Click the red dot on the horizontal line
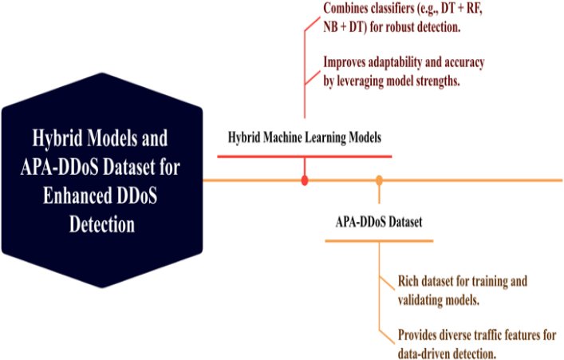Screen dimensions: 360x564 coord(305,181)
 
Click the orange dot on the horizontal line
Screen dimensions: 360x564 coord(379,181)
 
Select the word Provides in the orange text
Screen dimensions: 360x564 coord(423,334)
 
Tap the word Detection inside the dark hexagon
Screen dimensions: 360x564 coord(101,225)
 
